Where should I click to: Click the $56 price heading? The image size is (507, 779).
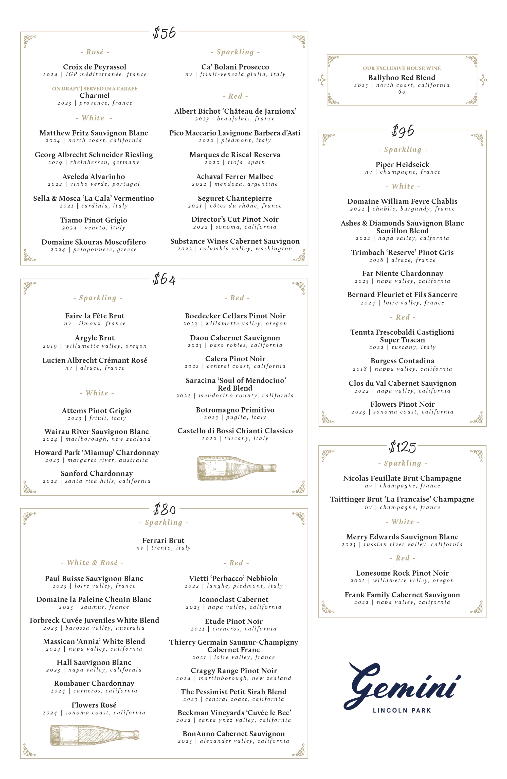164,33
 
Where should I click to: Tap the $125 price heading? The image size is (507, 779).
402,447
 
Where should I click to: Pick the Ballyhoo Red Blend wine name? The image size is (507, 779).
402,78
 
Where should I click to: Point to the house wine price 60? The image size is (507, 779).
402,92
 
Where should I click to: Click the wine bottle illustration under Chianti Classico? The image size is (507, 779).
237,468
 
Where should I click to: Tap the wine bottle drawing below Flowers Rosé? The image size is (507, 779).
95,735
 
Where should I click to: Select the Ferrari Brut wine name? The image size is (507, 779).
163,540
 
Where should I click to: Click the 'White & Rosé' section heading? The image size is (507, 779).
92,563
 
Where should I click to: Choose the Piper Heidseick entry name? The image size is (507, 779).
402,165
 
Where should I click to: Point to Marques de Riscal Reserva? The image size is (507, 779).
234,155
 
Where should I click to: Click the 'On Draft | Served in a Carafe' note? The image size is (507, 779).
95,89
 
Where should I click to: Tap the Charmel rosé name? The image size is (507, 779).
95,96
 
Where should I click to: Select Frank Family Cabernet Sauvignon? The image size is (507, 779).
402,595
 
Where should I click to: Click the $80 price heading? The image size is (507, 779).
164,510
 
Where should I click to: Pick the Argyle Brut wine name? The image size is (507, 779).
95,338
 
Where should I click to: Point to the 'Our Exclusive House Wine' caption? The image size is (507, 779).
402,68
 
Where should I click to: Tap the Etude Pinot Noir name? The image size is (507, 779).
233,621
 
